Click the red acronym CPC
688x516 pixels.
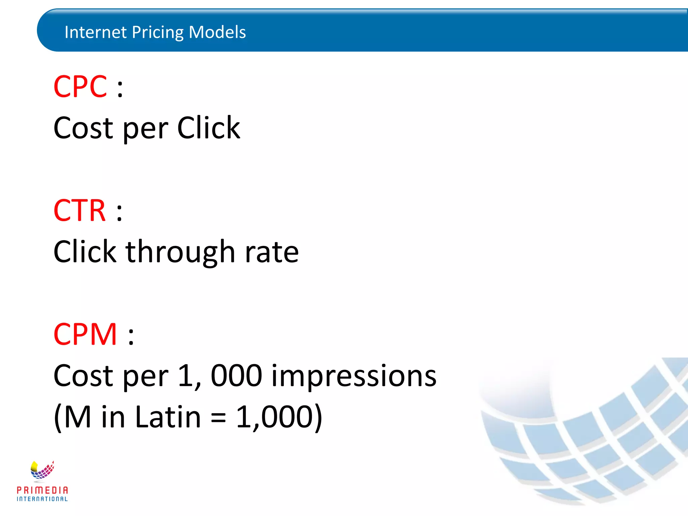[x=80, y=87]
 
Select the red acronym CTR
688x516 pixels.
[x=80, y=211]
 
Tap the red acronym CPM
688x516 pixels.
[x=85, y=334]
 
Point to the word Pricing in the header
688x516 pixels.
[x=158, y=33]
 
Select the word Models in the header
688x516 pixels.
[x=217, y=32]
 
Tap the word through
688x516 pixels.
[x=180, y=253]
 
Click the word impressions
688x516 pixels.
[x=354, y=376]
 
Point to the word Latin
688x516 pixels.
[x=168, y=417]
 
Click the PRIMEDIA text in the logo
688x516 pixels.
[x=42, y=490]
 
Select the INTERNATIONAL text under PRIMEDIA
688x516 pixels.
[x=42, y=499]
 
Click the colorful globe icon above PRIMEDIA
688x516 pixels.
[x=42, y=470]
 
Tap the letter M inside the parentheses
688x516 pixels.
[x=77, y=417]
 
